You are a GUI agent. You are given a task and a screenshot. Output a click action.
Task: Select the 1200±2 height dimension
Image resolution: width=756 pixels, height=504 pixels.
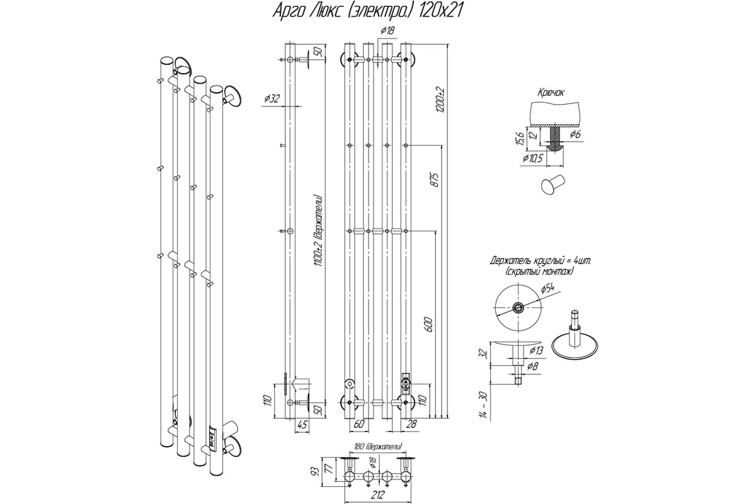point(440,99)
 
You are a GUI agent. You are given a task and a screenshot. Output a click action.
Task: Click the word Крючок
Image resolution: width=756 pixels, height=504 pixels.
point(552,92)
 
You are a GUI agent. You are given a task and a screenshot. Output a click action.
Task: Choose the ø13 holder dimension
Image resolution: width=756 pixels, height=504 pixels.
point(536,350)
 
